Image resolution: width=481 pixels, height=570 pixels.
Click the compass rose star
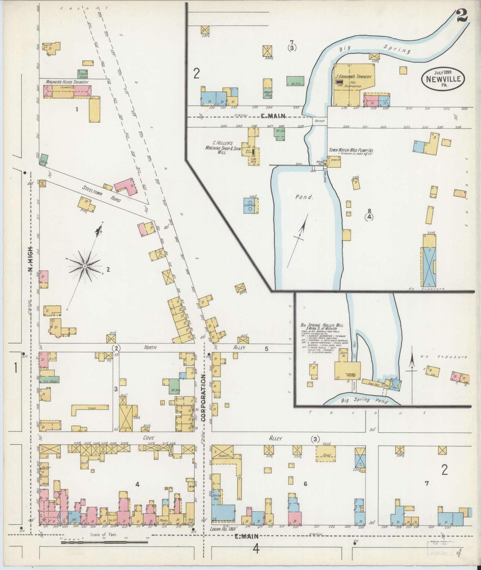pos(85,266)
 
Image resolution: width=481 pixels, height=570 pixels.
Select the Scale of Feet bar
pos(104,542)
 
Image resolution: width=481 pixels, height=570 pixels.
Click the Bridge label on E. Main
pos(320,121)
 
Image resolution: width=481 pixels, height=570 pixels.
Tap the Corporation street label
pos(204,398)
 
